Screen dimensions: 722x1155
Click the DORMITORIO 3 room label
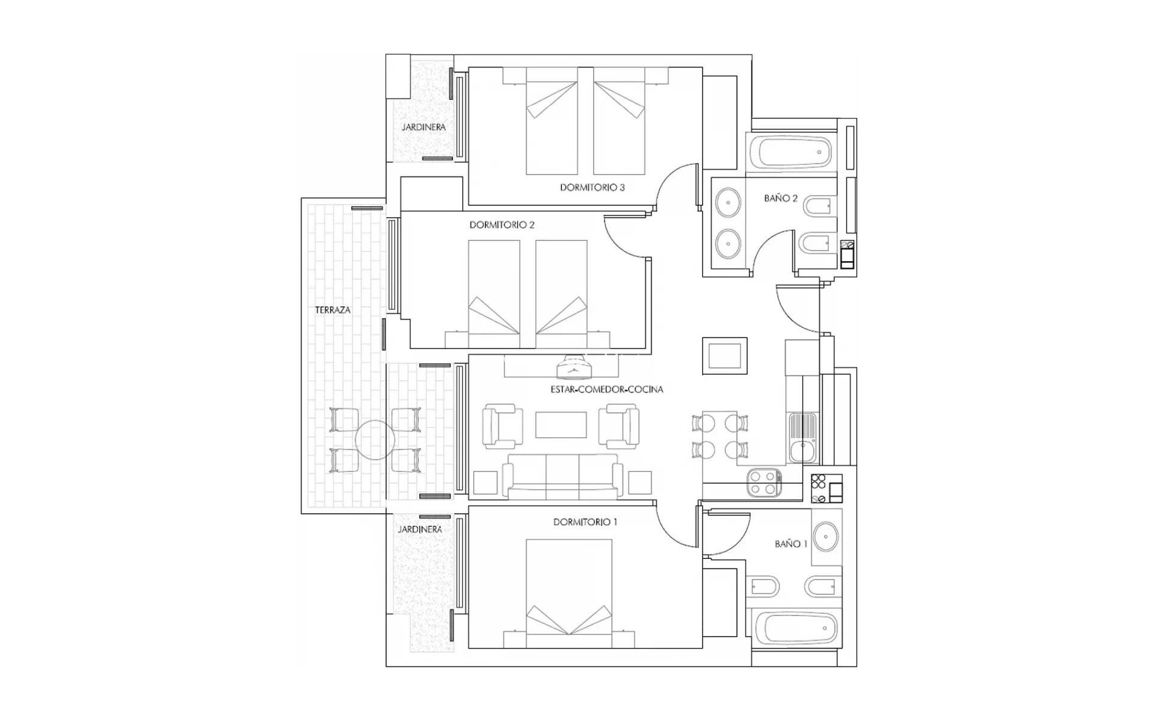click(592, 188)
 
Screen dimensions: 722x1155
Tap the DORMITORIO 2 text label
click(502, 225)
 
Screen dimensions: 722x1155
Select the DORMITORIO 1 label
click(585, 522)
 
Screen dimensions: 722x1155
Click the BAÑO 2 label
click(780, 199)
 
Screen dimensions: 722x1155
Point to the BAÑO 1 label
click(790, 544)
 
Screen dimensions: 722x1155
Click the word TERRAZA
click(333, 310)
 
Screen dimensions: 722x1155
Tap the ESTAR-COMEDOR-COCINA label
click(606, 390)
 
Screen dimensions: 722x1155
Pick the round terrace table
click(375, 440)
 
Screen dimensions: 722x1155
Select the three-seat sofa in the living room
click(562, 477)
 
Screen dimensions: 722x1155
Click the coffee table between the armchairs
click(561, 425)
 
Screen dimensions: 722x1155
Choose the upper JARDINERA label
click(423, 128)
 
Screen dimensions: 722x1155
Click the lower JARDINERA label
click(419, 529)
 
